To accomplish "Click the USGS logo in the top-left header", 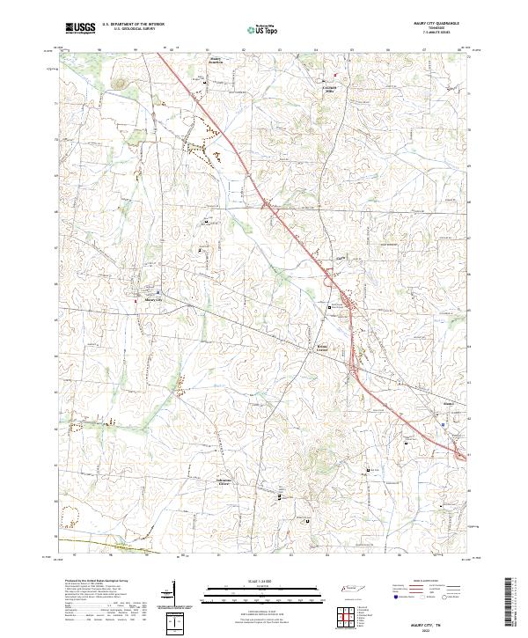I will point(81,28).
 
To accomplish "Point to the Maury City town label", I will point(154,299).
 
